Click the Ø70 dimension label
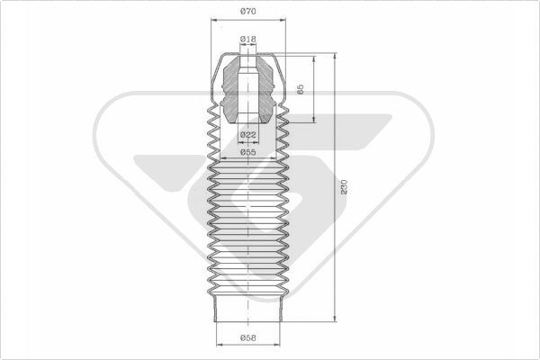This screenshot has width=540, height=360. [248, 12]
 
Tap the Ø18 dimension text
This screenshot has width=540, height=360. [248, 40]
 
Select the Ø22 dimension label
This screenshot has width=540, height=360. [248, 135]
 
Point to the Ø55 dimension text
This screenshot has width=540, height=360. [248, 152]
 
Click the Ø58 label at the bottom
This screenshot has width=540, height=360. [248, 338]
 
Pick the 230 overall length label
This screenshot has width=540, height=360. [344, 187]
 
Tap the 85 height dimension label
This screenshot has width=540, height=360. [300, 89]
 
